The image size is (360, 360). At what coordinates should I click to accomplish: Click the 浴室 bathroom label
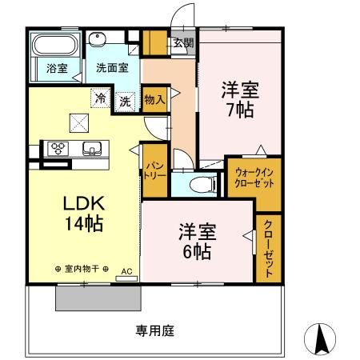tap(55, 69)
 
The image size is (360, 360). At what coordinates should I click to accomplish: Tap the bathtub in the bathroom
tap(54, 46)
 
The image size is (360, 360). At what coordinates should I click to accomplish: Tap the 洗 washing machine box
tap(125, 101)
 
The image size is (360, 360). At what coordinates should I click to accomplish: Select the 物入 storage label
tap(154, 99)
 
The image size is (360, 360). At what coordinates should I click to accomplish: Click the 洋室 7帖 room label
tap(238, 98)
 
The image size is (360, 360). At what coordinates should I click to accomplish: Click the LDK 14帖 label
tap(83, 213)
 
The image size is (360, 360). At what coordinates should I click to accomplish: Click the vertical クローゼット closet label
tap(268, 247)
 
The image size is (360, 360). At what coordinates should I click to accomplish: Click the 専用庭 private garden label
tap(154, 330)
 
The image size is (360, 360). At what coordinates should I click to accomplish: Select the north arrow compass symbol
tap(321, 340)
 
